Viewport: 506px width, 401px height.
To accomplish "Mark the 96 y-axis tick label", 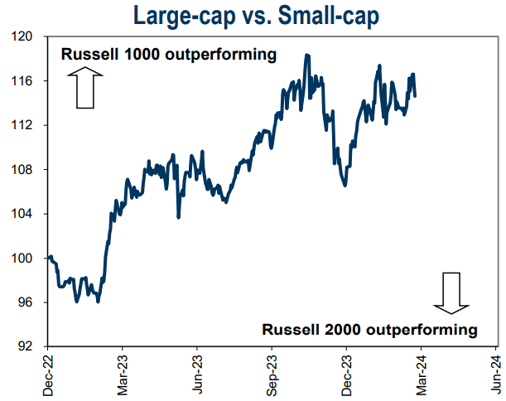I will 23,302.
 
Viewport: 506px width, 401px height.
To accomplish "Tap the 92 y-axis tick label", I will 23,346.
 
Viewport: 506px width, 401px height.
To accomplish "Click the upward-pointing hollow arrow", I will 87,89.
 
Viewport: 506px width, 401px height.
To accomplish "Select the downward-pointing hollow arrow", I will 451,292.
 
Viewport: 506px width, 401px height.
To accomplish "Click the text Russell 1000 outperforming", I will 168,56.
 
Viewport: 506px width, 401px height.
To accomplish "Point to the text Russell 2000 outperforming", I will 370,329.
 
